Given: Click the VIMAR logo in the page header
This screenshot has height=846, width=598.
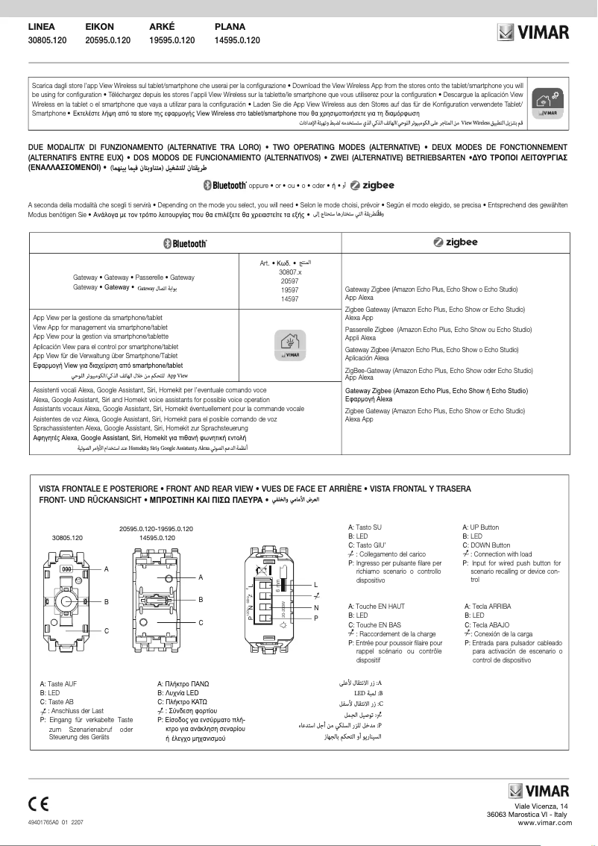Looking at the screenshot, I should pos(533,33).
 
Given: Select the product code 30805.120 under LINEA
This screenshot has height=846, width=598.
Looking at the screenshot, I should pos(47,40).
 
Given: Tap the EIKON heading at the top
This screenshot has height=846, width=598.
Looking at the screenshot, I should pos(99,26).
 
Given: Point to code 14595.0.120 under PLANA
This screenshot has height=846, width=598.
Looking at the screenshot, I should pos(237,40).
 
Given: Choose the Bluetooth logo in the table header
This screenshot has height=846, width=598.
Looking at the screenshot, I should pos(185,243).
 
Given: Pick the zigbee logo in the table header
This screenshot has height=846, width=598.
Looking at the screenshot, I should pos(456,243).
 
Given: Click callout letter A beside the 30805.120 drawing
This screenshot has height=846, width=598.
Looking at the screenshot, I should pos(106,569).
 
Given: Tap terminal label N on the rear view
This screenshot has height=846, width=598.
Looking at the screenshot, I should pos(316,607).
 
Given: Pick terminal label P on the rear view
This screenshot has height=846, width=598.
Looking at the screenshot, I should pos(316,618).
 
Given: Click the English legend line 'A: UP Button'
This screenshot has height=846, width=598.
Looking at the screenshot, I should pos(481,527).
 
